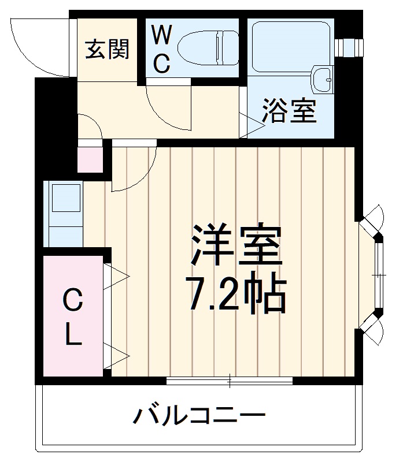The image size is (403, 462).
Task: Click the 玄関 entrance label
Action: pyautogui.click(x=107, y=50)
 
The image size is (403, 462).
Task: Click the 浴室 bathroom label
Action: pyautogui.click(x=290, y=111)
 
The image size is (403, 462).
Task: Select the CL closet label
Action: pyautogui.click(x=72, y=318)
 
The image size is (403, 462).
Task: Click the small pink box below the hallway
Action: pyautogui.click(x=90, y=160)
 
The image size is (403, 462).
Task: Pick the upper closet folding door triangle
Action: pyautogui.click(x=117, y=276)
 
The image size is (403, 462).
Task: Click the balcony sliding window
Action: pyautogui.click(x=230, y=380)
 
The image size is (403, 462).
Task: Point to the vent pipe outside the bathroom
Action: pyautogui.click(x=349, y=46)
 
